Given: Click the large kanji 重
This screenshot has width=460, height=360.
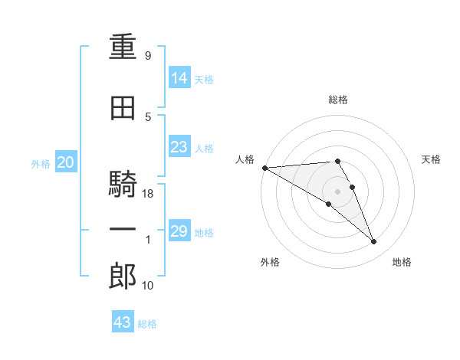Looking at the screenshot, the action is click(x=123, y=47).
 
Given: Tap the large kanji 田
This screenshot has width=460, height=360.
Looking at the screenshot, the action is click(x=123, y=108).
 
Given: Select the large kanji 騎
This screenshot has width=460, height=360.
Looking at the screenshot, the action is click(x=123, y=184).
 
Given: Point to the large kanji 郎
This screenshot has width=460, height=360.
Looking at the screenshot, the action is click(x=123, y=276).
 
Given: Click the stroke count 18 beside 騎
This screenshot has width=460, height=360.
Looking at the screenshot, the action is click(x=147, y=194).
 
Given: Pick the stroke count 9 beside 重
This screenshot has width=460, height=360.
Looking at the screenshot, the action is click(x=148, y=55).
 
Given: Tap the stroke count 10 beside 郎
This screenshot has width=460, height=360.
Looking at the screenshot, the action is click(x=147, y=285).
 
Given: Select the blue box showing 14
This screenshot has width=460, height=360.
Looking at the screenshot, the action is click(x=179, y=77).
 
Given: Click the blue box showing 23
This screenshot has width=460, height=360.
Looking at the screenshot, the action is click(x=179, y=146).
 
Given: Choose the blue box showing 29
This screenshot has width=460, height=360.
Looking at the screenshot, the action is click(x=179, y=230).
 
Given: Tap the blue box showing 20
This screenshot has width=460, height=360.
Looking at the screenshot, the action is click(x=66, y=162).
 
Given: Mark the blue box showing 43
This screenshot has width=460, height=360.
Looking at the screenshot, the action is click(x=123, y=321).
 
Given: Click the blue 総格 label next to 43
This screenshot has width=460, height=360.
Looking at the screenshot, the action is click(x=147, y=324).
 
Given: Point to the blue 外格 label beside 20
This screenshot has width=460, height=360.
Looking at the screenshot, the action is click(x=41, y=164).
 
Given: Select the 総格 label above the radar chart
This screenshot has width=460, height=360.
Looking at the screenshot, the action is click(x=338, y=100).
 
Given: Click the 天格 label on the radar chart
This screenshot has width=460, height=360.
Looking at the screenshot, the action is click(x=431, y=159).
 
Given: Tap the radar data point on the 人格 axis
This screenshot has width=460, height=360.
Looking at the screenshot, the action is click(x=265, y=168).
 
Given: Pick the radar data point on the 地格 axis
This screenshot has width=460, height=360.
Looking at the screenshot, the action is click(x=373, y=241).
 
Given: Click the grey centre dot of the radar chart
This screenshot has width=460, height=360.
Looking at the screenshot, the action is click(x=337, y=191).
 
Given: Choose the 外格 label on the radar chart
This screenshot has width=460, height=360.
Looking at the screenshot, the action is click(x=270, y=262).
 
